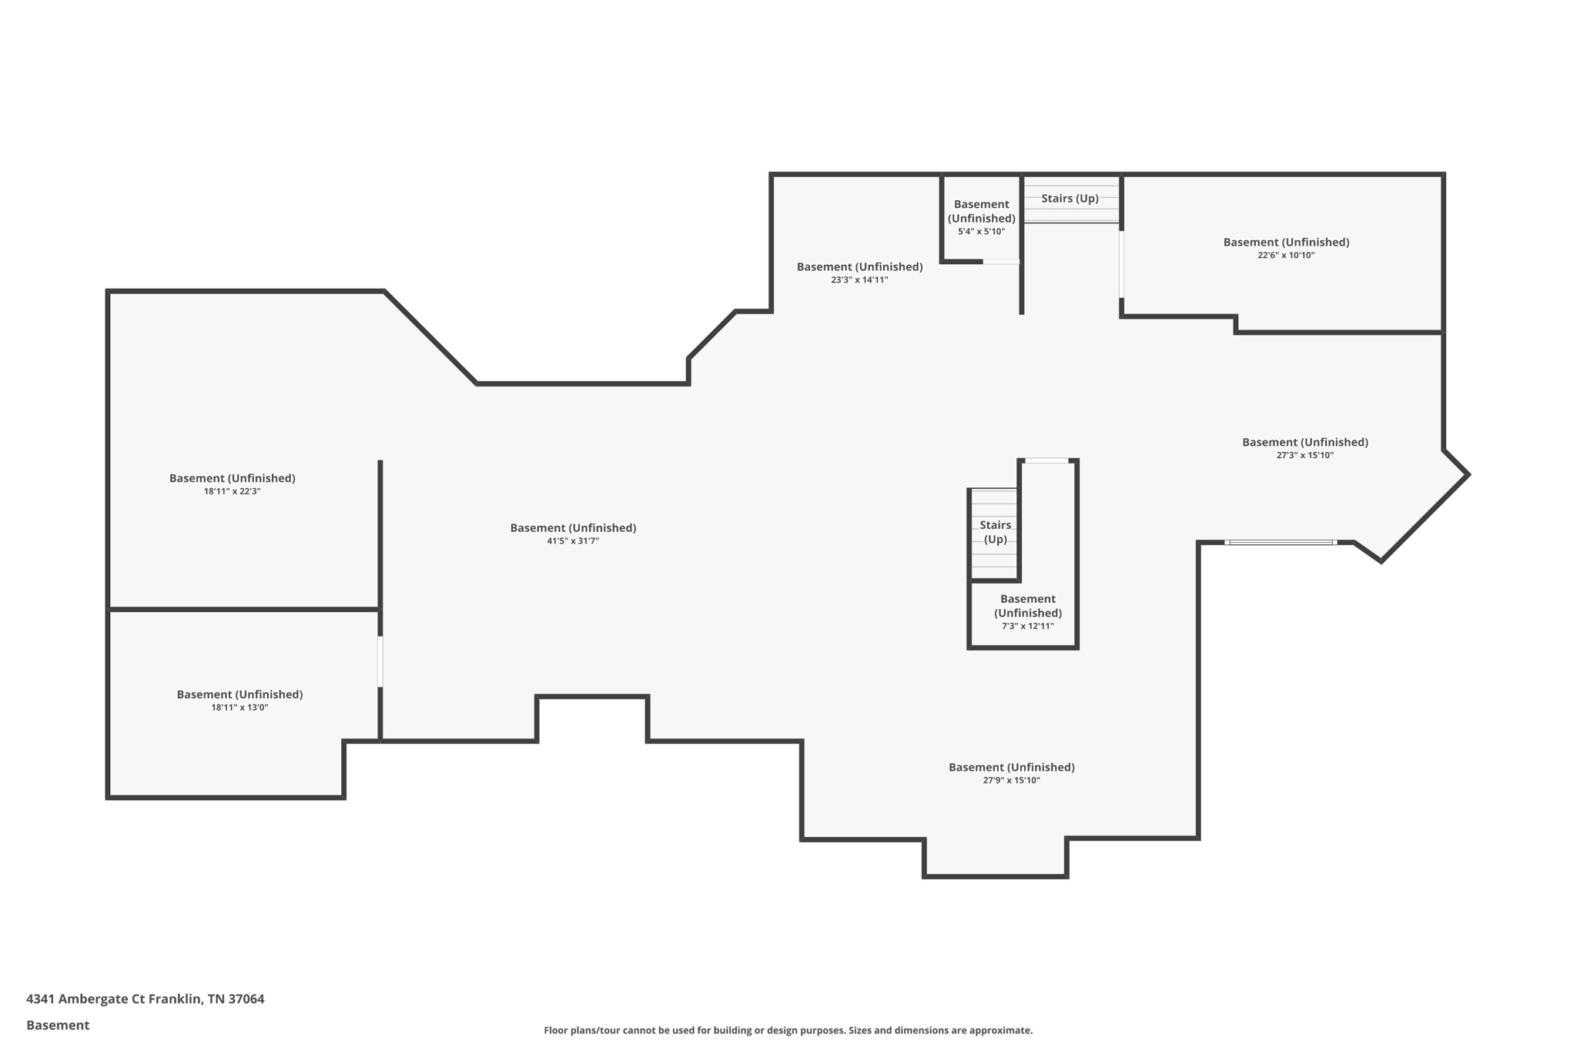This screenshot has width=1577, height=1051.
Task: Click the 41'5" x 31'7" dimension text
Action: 572,541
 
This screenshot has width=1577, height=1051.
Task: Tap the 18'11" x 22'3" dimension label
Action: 232,491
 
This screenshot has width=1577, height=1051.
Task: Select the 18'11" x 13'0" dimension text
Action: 239,708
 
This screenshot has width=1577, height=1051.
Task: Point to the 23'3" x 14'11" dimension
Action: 859,280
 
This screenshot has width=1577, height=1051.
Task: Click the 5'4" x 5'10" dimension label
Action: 981,232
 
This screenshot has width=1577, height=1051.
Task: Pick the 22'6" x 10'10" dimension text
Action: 1286,256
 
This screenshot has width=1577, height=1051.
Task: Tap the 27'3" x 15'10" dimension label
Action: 1304,456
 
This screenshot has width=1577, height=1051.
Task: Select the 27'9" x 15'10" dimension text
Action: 1011,781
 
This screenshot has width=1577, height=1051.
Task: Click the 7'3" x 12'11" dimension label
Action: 1027,627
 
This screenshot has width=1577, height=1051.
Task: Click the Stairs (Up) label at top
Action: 1070,199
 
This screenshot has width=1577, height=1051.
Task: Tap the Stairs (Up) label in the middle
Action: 995,532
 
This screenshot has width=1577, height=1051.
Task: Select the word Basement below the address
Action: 58,1026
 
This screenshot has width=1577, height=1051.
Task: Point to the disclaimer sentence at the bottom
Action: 788,1031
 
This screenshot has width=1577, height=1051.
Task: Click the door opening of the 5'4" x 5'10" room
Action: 1001,262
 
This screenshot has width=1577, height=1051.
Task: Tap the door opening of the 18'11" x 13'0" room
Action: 380,661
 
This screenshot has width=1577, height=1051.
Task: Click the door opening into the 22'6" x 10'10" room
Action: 1121,264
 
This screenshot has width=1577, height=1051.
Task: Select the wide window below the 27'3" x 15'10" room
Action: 1281,543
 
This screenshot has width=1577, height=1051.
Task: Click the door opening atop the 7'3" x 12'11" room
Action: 1046,461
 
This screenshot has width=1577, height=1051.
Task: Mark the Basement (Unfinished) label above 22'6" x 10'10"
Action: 1286,243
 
